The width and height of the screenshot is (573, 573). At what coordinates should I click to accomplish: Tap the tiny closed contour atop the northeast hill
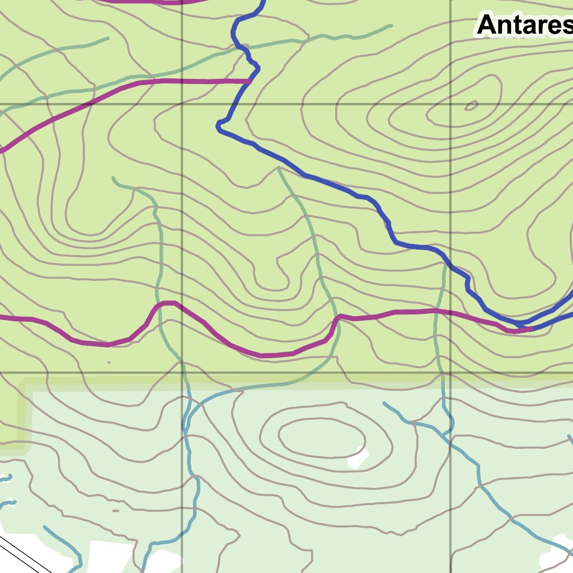pyautogui.click(x=471, y=105)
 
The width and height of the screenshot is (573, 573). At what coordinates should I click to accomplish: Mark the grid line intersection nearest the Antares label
pyautogui.click(x=451, y=104)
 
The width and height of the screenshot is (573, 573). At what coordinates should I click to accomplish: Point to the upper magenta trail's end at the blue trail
pyautogui.click(x=249, y=81)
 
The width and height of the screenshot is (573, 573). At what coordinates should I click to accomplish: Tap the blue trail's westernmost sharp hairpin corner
pyautogui.click(x=219, y=128)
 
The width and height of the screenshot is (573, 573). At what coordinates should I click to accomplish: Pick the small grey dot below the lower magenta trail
pyautogui.click(x=109, y=362)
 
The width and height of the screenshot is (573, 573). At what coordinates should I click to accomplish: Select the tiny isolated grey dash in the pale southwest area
pyautogui.click(x=116, y=510)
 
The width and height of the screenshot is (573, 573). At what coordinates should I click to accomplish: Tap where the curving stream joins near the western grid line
pyautogui.click(x=185, y=428)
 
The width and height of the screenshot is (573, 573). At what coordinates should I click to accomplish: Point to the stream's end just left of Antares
pyautogui.click(x=390, y=26)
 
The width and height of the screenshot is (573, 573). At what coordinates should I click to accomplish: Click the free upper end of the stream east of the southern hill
pyautogui.click(x=384, y=403)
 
